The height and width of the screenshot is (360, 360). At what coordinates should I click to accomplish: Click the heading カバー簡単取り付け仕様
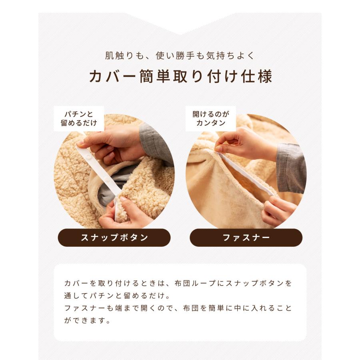[180, 76]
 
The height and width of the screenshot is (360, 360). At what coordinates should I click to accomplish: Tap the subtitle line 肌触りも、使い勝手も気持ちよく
[180, 56]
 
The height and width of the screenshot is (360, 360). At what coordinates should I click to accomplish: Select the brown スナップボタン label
[114, 238]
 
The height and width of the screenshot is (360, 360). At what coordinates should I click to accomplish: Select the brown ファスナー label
[246, 238]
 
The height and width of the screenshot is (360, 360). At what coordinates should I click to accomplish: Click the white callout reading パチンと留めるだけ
[79, 119]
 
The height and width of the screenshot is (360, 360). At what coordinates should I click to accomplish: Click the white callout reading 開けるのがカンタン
[210, 119]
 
